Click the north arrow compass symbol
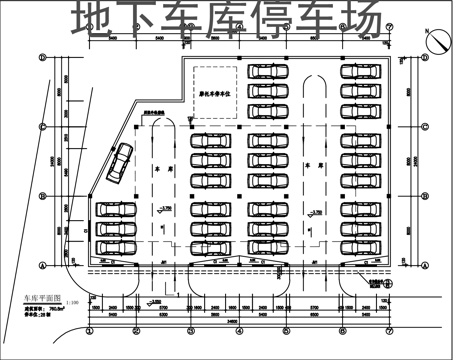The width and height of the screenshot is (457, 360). point(436,43)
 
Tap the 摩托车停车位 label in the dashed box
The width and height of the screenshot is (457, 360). point(213,97)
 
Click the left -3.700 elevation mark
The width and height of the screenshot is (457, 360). point(166,208)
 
